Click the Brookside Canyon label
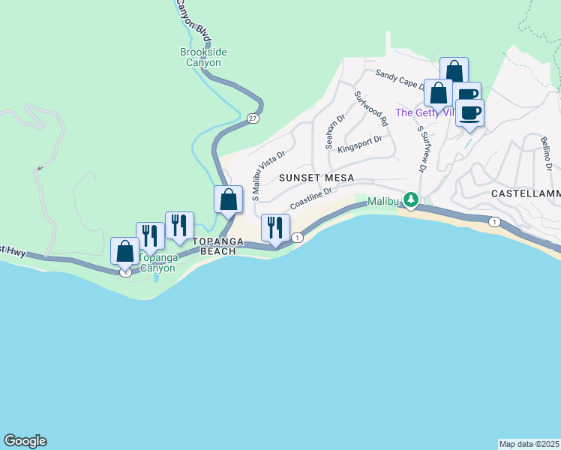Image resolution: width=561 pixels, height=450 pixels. click(203, 57)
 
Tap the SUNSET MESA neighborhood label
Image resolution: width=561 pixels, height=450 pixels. click(310, 178)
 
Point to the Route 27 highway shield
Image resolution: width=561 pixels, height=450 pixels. click(253, 118)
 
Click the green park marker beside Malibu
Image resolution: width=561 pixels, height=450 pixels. click(410, 200)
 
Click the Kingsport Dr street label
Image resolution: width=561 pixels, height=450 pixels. click(360, 143)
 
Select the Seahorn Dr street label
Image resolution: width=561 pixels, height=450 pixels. click(334, 131)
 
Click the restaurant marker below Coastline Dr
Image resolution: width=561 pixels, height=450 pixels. click(275, 227)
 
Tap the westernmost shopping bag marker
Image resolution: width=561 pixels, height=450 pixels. click(124, 251)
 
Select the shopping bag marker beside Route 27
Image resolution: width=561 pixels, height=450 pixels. click(229, 199)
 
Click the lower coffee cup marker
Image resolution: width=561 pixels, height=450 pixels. click(469, 112)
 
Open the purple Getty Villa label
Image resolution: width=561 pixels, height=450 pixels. click(424, 113)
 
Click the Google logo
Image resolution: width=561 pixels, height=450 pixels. click(25, 441)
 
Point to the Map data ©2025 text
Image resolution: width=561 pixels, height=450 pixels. click(529, 444)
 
